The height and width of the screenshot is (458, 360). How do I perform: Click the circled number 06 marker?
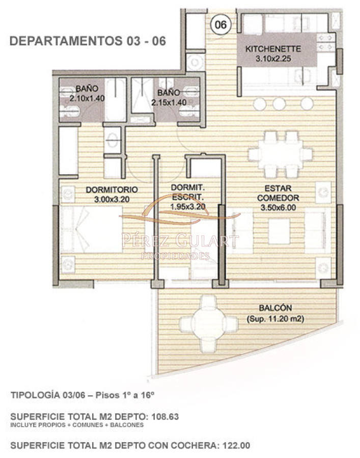point(220,24)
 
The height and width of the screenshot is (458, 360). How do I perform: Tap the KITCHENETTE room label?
point(273,49)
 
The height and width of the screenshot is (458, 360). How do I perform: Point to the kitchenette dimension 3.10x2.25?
point(273,59)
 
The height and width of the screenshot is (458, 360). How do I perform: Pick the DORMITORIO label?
point(112,190)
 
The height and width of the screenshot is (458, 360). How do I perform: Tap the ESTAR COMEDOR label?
point(278,193)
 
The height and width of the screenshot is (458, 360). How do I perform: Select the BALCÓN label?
point(275,308)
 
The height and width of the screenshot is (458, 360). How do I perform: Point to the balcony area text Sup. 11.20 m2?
point(275,319)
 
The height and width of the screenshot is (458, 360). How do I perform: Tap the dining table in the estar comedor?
point(278,153)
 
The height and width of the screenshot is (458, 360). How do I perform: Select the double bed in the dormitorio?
point(92,229)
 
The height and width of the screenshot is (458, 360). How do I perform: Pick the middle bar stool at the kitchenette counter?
point(279,103)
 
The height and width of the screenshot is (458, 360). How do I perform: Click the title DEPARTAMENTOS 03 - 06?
point(88,41)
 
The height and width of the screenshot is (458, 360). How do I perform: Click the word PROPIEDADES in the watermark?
point(175,256)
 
